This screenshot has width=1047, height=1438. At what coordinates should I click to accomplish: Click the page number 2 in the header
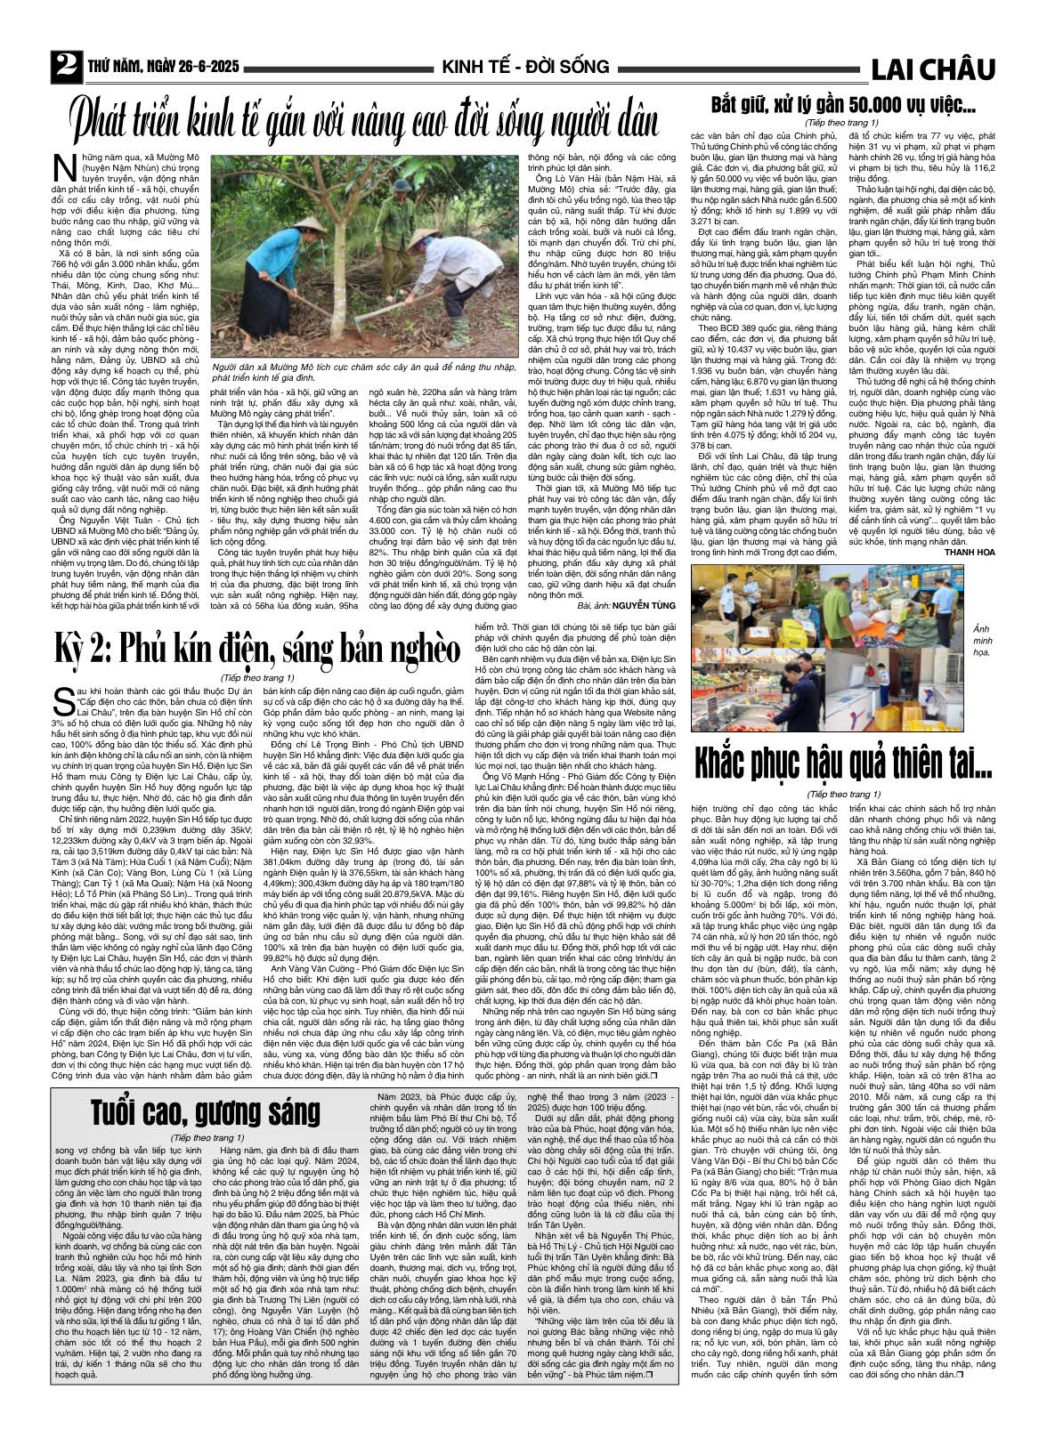[x=64, y=66]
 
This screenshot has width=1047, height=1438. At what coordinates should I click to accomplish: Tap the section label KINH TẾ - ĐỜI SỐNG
[x=525, y=67]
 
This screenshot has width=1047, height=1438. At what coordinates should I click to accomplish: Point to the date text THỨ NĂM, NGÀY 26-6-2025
[x=163, y=68]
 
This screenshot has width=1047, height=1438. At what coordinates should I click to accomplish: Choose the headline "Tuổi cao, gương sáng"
[x=205, y=1112]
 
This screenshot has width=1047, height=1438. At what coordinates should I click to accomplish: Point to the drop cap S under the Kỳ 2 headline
[x=61, y=699]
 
